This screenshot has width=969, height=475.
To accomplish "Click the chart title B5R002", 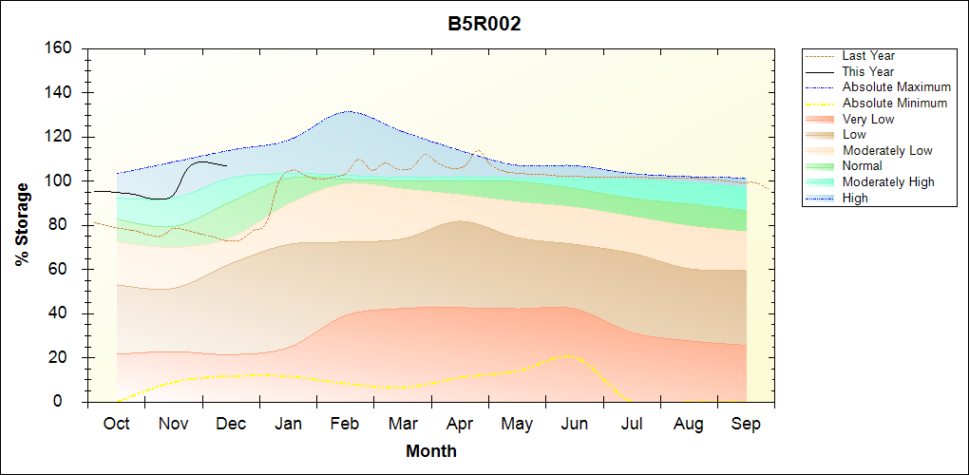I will (484, 25).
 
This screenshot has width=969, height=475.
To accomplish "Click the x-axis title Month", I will (431, 451).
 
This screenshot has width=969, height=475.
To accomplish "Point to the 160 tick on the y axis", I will (60, 48).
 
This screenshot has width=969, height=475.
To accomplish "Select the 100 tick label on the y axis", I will (60, 181).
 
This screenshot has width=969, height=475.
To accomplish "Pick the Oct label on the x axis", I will (116, 424).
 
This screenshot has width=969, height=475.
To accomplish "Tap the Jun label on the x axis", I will (575, 424).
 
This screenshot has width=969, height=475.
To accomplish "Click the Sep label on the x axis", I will (746, 424).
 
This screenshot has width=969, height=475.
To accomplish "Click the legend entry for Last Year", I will (868, 56).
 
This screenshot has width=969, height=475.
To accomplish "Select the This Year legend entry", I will (868, 71).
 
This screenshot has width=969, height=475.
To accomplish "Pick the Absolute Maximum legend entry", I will (896, 87).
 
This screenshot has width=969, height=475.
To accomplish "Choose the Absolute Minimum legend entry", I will (895, 103).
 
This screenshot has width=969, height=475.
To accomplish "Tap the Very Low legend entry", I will (868, 119).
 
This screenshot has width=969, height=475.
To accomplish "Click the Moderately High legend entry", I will (888, 181).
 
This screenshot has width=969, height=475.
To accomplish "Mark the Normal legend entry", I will (862, 166).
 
